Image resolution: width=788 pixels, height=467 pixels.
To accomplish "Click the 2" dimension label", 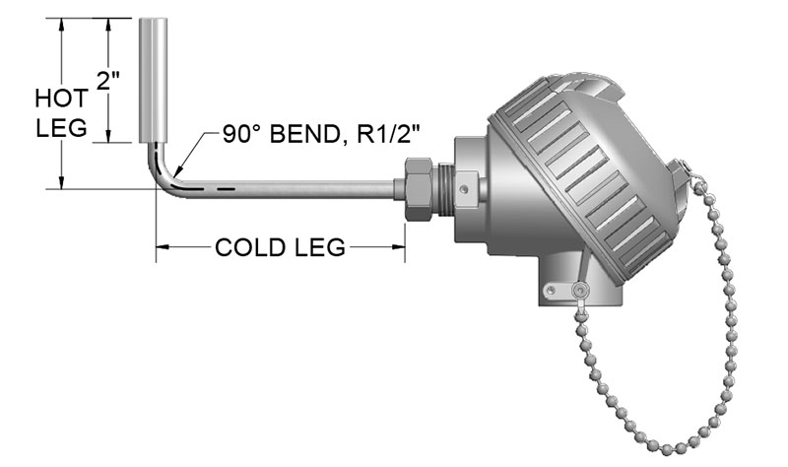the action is (107, 81).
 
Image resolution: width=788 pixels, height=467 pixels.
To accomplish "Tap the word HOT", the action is (61, 99).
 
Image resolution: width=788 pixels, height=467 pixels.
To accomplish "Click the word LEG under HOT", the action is (61, 128).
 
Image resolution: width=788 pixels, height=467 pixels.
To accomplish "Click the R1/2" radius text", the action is (388, 134).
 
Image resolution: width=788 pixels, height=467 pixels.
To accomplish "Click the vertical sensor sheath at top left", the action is (154, 80).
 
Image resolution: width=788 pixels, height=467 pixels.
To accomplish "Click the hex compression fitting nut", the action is (418, 188).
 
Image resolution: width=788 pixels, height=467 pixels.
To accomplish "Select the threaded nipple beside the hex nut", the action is (444, 188).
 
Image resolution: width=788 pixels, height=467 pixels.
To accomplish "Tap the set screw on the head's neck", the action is (465, 189).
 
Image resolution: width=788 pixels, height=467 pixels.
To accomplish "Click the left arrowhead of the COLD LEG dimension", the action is (162, 247).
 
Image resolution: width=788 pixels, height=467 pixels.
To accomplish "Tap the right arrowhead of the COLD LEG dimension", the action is (399, 247).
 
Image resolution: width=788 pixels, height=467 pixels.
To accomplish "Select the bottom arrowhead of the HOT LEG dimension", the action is (62, 183).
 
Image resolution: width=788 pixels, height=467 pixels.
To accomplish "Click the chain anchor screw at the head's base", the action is (581, 290).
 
